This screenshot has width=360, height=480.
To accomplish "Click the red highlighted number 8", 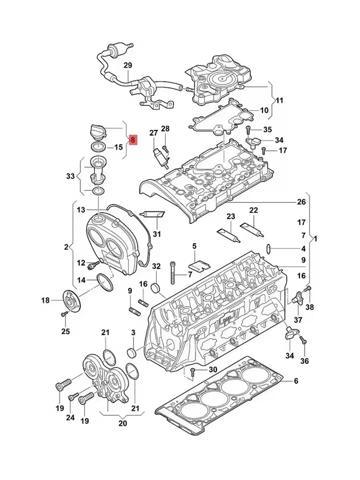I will point(132,140).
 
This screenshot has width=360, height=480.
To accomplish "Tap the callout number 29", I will point(127,65).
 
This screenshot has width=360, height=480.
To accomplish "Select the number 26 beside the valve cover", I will point(300,202).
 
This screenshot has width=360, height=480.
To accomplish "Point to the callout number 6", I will point(295,381).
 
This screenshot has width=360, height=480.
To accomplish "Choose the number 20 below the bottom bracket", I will point(123,423).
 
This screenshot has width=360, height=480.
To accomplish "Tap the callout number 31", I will point(157,234).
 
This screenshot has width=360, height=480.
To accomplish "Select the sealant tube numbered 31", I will point(152,215).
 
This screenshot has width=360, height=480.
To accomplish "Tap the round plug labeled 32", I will point(155,288).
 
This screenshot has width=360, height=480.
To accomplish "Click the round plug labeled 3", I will point(132,351).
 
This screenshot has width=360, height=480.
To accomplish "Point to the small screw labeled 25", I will point(64,314).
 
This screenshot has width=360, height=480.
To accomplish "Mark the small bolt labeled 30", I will point(192,370).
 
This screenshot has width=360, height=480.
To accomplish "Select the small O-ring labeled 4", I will point(269,247).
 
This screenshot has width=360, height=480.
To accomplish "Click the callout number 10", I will point(264,110).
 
